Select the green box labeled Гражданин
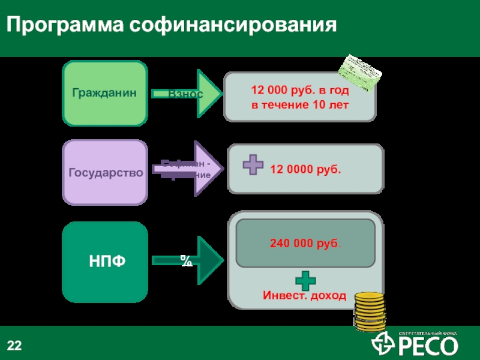(x=105, y=93)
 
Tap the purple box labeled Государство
(x=105, y=173)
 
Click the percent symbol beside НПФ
(x=186, y=260)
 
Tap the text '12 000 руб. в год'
(x=299, y=90)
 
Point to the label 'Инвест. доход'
(x=304, y=295)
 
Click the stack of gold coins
(x=368, y=310)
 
